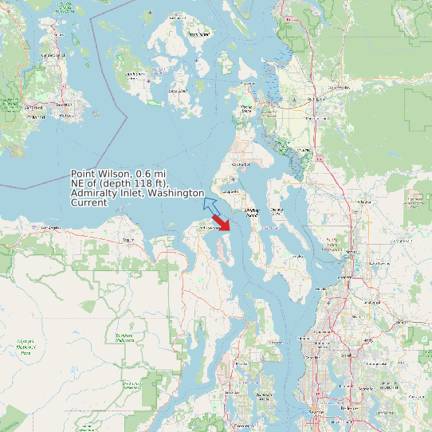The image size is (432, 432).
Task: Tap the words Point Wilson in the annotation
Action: (x=101, y=174)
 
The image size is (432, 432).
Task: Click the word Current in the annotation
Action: (x=89, y=203)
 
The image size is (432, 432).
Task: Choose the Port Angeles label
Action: (x=50, y=228)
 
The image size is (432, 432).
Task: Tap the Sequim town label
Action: (x=126, y=239)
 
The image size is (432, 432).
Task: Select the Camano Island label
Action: (x=277, y=210)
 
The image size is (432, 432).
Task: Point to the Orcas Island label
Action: (x=200, y=35)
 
